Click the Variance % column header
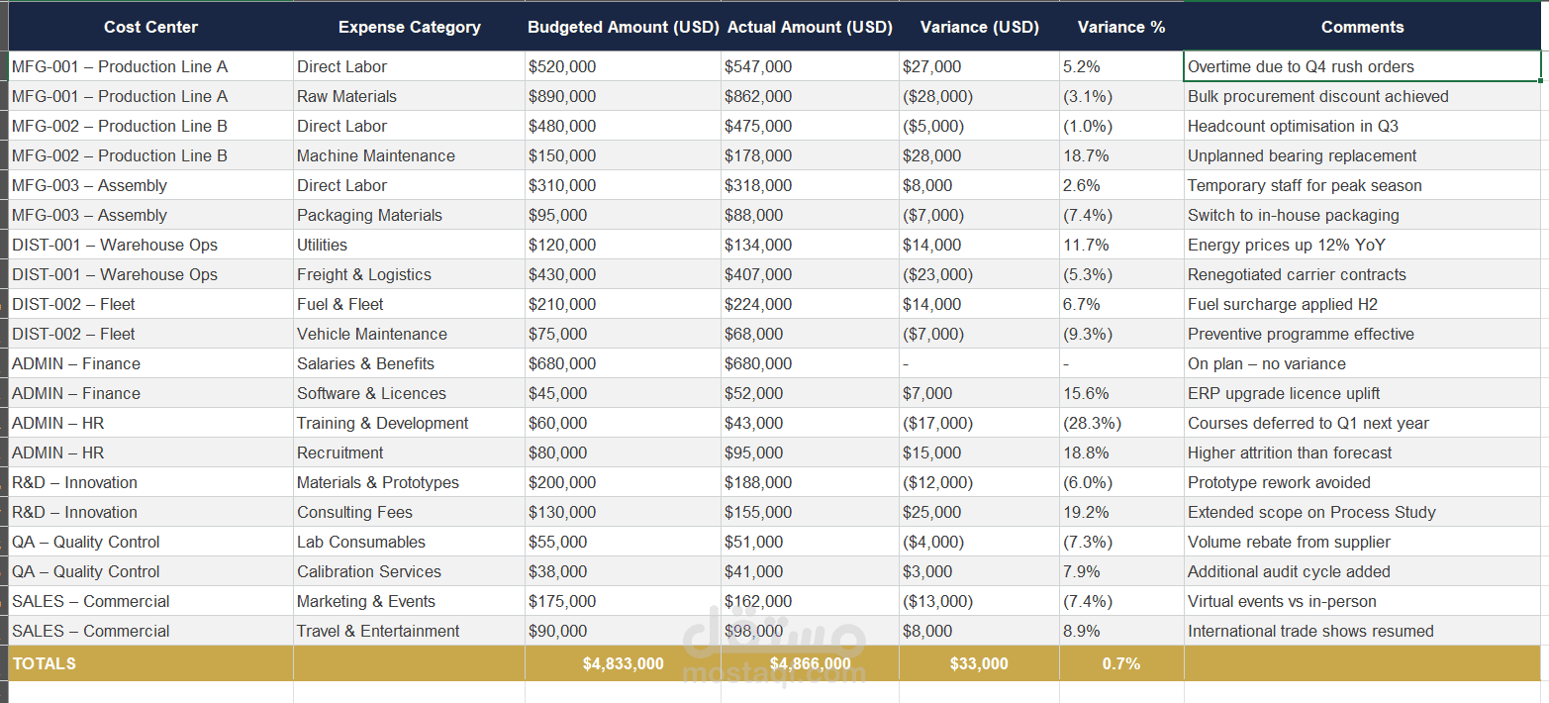click(1120, 28)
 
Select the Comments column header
click(1362, 28)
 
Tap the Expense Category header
click(409, 28)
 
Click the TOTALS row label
click(44, 663)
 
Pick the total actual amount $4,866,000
click(810, 663)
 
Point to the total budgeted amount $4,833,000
click(623, 663)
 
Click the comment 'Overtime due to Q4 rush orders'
click(1301, 66)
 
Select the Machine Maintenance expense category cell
click(376, 155)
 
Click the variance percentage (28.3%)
click(1092, 423)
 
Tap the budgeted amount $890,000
click(562, 96)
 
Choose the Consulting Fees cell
click(354, 512)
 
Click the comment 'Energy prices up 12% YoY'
click(1286, 245)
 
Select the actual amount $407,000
click(758, 274)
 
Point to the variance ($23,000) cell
click(937, 274)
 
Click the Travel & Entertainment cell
click(378, 631)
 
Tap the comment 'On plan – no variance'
click(1266, 363)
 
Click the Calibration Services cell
click(369, 571)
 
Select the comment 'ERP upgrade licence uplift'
click(1284, 393)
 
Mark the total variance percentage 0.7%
click(1120, 663)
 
